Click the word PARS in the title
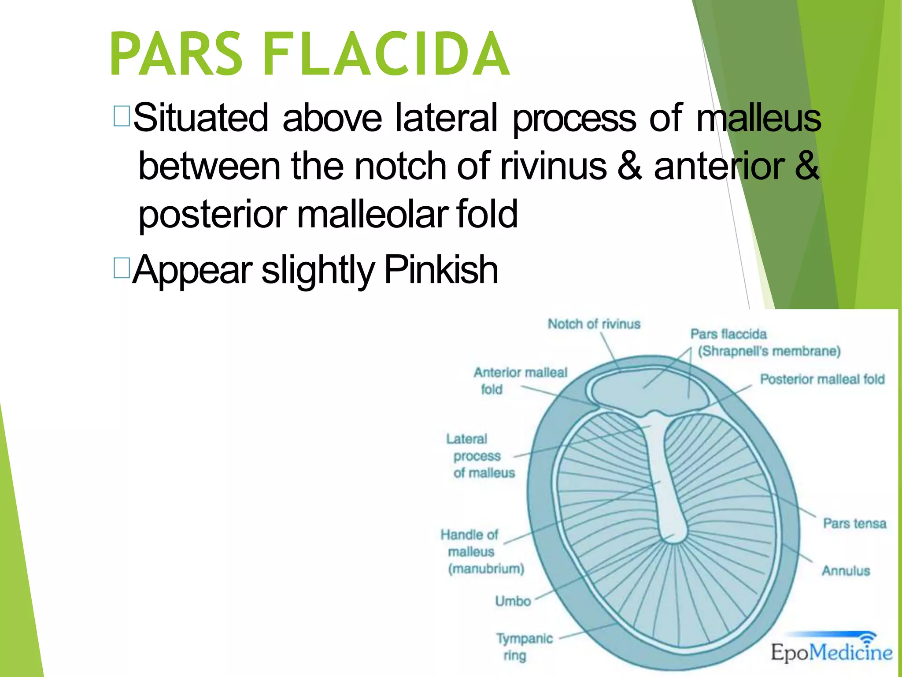click(176, 54)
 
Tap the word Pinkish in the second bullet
click(441, 270)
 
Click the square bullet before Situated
click(121, 116)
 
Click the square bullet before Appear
click(121, 268)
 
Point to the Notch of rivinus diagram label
click(594, 324)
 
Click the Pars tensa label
click(854, 524)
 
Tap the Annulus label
click(846, 571)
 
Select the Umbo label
click(513, 601)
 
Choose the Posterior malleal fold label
click(822, 379)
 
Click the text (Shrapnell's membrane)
click(769, 351)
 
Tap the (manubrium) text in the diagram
click(486, 569)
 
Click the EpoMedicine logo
click(832, 651)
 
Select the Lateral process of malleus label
click(480, 456)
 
